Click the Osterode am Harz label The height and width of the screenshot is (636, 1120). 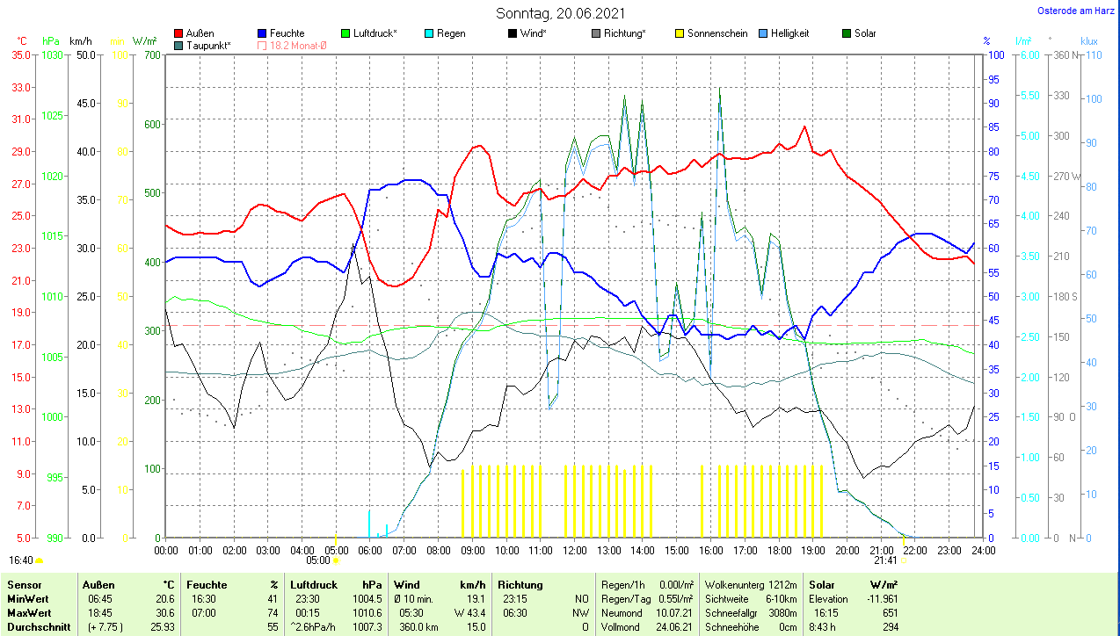(1075, 11)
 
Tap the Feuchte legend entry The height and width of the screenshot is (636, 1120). (287, 33)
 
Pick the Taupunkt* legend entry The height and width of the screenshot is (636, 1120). (208, 45)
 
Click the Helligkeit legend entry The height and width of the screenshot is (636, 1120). (789, 33)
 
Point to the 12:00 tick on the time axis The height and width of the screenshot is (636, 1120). (575, 550)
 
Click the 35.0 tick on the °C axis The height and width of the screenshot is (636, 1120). (20, 54)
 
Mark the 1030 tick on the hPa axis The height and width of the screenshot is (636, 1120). (53, 54)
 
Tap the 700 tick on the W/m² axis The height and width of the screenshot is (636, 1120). (152, 54)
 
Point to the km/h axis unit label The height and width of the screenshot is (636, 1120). (80, 41)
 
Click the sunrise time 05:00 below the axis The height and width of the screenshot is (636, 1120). (317, 560)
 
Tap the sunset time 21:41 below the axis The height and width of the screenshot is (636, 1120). (885, 560)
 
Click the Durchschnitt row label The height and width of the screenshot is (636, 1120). (39, 627)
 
